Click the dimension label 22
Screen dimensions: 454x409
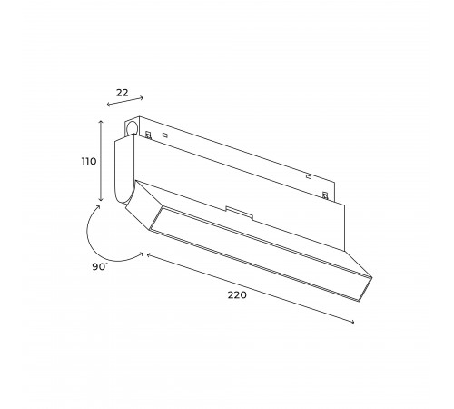(123, 93)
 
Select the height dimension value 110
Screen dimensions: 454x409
(89, 161)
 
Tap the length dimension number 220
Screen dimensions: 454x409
(237, 294)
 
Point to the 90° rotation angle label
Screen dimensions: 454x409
(100, 266)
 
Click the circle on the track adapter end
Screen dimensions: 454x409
(132, 127)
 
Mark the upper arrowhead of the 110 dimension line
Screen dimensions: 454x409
(102, 122)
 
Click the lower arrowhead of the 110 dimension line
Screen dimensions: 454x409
(102, 199)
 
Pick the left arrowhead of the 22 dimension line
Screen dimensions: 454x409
(109, 105)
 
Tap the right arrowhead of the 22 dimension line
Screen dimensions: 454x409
(142, 97)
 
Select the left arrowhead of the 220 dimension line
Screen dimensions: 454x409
(149, 255)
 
